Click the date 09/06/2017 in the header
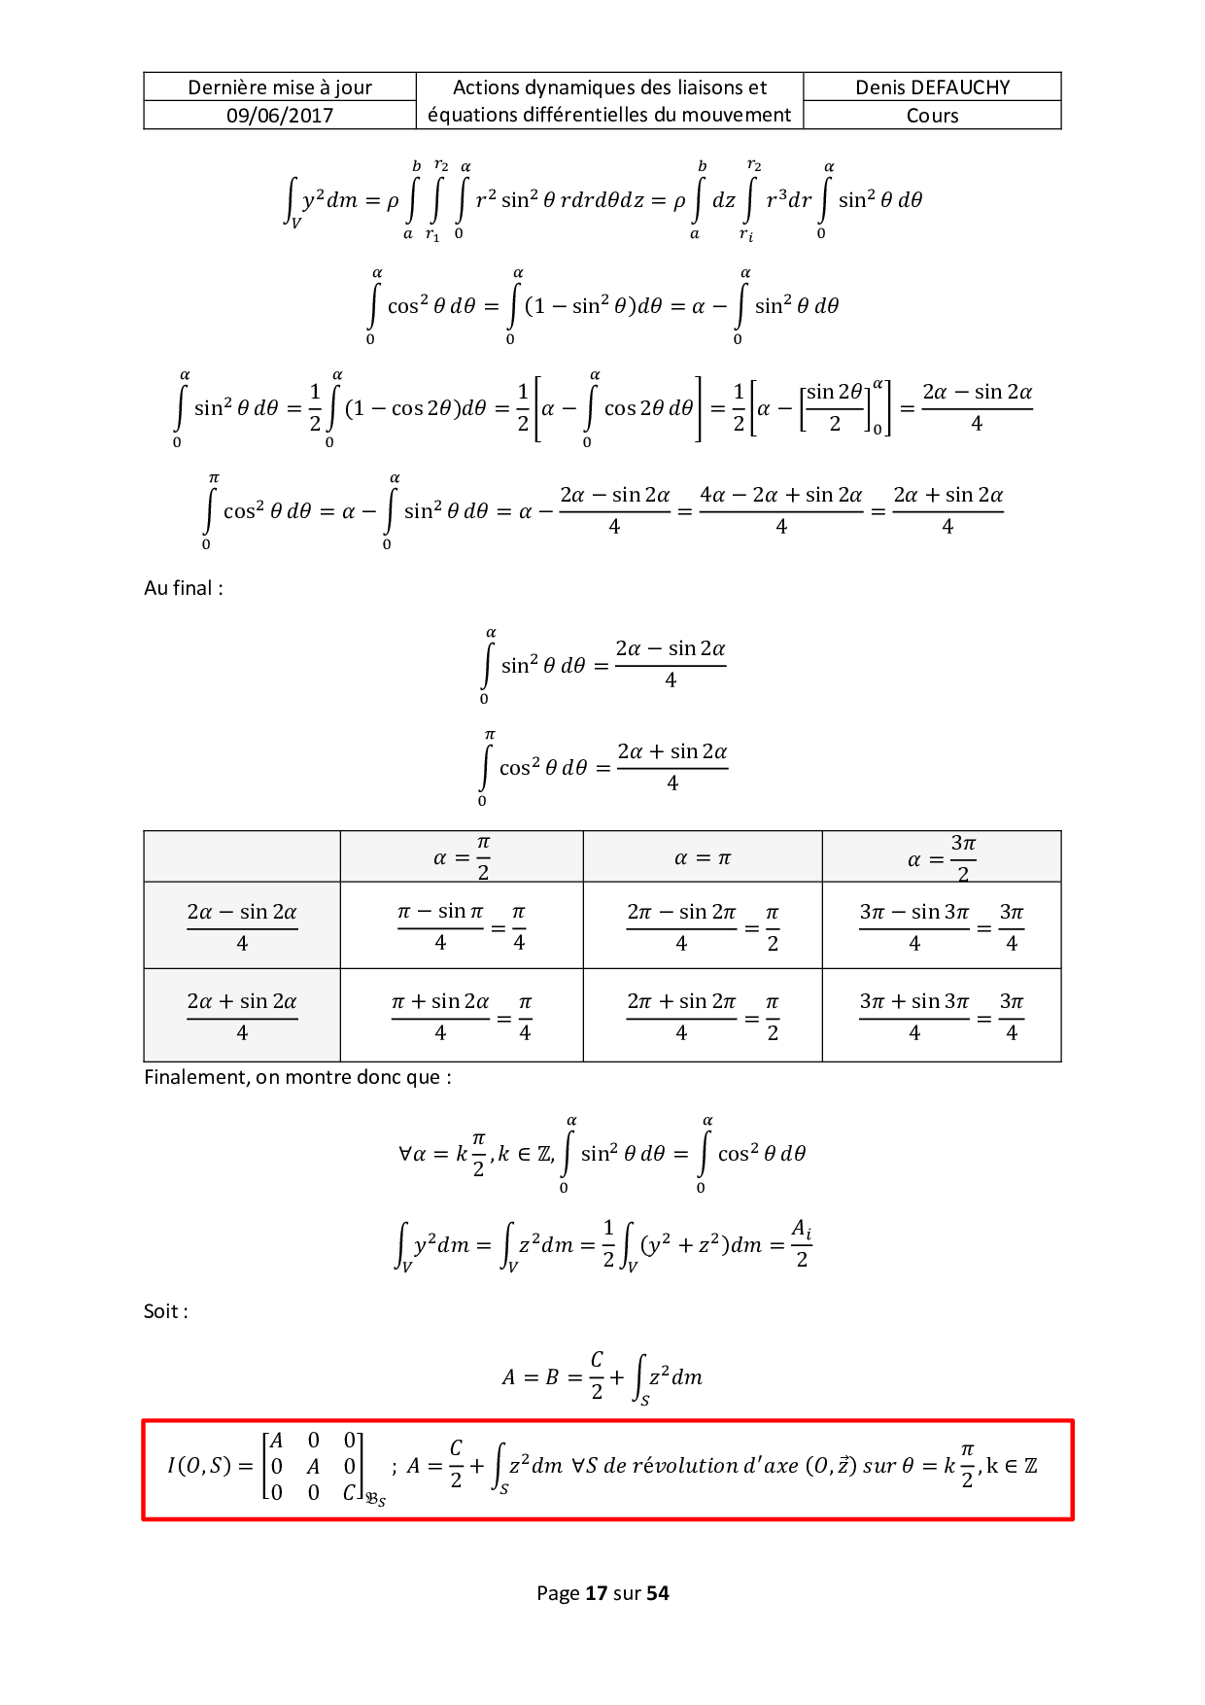click(280, 116)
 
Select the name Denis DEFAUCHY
click(933, 87)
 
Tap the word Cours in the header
click(933, 116)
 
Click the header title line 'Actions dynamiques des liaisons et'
click(609, 87)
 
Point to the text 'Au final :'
click(184, 588)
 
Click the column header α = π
click(703, 858)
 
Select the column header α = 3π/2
click(942, 857)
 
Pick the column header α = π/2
click(462, 857)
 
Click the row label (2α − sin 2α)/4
click(242, 926)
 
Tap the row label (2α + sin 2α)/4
click(242, 1016)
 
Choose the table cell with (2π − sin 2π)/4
click(703, 926)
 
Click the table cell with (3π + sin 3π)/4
click(942, 1016)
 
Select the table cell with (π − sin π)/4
click(462, 926)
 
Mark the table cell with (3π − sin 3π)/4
click(942, 926)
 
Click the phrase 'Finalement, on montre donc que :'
click(297, 1077)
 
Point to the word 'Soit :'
click(166, 1311)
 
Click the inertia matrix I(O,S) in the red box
click(277, 1467)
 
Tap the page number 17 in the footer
click(596, 1593)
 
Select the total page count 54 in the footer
click(658, 1593)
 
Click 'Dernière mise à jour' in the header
click(280, 87)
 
